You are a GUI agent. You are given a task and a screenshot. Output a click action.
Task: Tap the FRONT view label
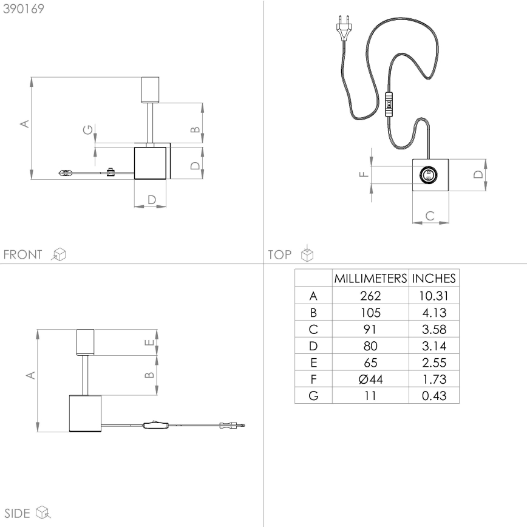(23, 254)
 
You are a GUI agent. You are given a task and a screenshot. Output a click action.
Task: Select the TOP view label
(280, 254)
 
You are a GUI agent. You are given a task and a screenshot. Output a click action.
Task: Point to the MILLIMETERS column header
(370, 279)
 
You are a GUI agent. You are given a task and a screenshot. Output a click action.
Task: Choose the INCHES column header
(434, 279)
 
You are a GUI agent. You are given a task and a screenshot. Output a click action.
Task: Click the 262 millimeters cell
(370, 296)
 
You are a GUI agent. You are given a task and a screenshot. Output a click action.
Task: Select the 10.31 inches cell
(434, 296)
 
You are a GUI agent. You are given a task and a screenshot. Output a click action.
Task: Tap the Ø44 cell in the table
(370, 379)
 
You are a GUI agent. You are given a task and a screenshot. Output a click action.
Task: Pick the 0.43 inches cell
(434, 396)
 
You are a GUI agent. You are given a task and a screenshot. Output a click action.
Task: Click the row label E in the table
(313, 363)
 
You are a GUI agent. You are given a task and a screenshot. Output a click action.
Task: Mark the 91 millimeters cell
(370, 330)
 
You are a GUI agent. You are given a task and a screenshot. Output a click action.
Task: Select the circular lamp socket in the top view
(427, 175)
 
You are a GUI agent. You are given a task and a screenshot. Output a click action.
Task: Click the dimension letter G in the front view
(89, 130)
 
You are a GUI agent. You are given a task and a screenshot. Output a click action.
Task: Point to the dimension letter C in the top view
(430, 215)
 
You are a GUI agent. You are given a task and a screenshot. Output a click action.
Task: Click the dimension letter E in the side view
(149, 344)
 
